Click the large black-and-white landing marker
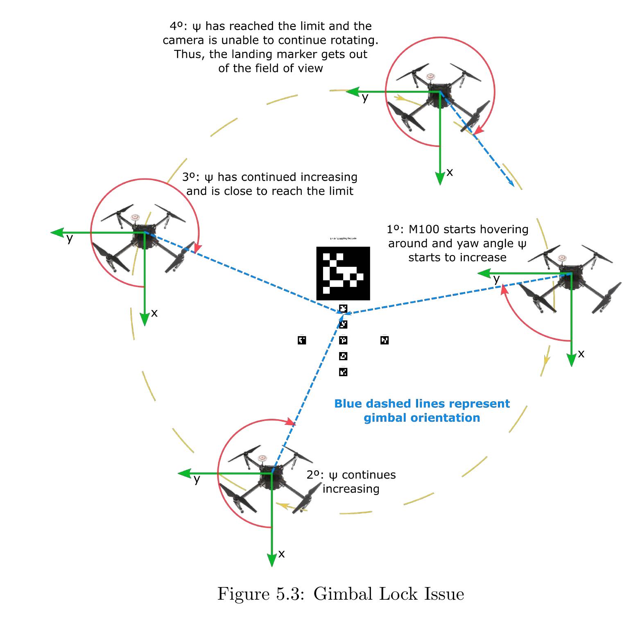[343, 273]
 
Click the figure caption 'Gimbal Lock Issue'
[340, 594]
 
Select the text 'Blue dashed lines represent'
[422, 404]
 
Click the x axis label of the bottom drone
[281, 554]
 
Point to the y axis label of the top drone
[365, 98]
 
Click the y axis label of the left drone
[70, 238]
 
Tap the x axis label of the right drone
[581, 354]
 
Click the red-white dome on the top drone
[430, 77]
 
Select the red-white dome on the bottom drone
[262, 458]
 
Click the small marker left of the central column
[302, 340]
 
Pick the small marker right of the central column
[385, 340]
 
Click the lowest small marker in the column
[343, 372]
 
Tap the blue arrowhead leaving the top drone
[511, 183]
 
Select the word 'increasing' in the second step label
[351, 489]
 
